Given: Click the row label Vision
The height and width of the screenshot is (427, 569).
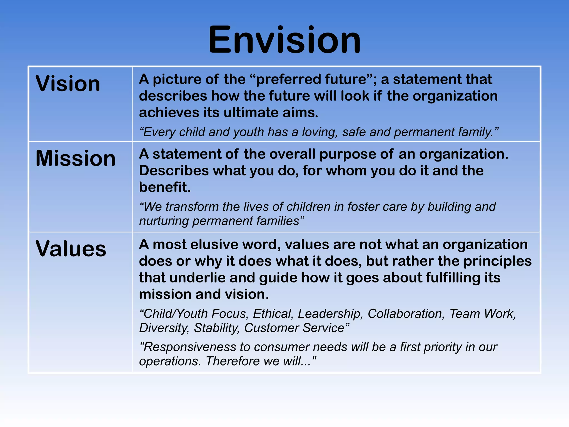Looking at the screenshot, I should click(68, 84).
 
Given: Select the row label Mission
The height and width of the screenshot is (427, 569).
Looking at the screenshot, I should click(75, 158).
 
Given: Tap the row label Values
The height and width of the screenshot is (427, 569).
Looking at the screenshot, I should click(71, 249).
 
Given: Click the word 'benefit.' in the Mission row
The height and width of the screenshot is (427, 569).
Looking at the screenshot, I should click(165, 187).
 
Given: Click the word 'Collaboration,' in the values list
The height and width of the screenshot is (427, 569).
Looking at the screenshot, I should click(406, 314).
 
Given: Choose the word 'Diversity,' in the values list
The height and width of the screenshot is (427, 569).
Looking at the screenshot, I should click(164, 328).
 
